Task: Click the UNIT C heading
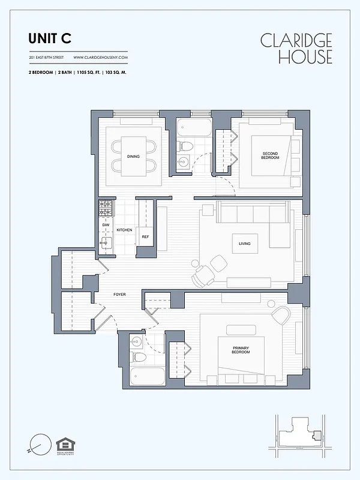(50, 38)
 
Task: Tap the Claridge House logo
(296, 49)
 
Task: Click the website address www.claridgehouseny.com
(100, 58)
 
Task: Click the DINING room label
(133, 157)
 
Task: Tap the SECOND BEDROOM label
(271, 155)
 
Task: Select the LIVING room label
(244, 244)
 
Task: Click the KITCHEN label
(124, 230)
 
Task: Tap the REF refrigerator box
(145, 237)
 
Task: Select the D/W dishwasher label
(105, 224)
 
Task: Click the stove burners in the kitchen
(106, 209)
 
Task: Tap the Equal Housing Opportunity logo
(63, 445)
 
